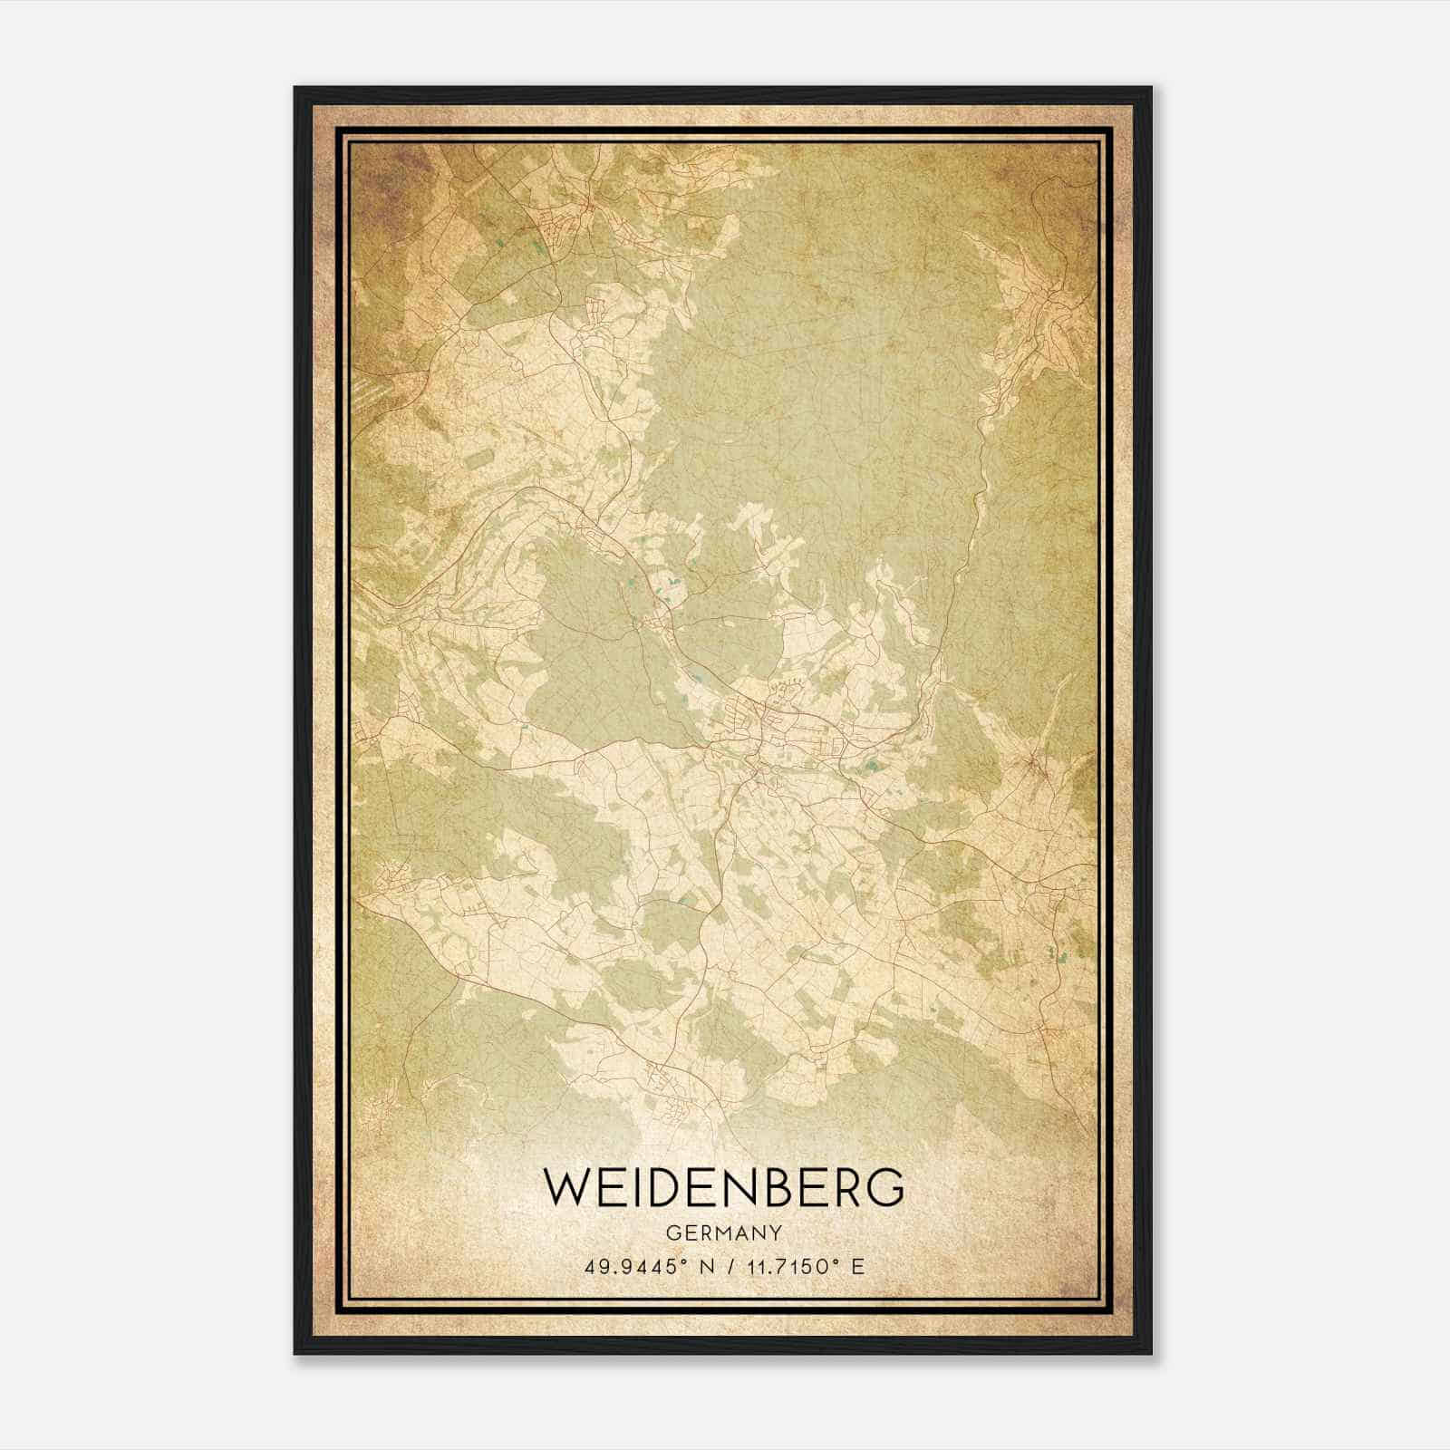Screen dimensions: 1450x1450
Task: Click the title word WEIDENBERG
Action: pos(724,1187)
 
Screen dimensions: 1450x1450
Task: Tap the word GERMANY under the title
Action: pos(724,1232)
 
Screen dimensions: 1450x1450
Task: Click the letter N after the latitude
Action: pos(699,1266)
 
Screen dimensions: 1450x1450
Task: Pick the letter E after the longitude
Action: pos(857,1266)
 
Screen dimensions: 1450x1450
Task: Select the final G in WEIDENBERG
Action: pos(886,1187)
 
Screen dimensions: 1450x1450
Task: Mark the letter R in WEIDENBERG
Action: pos(846,1187)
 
